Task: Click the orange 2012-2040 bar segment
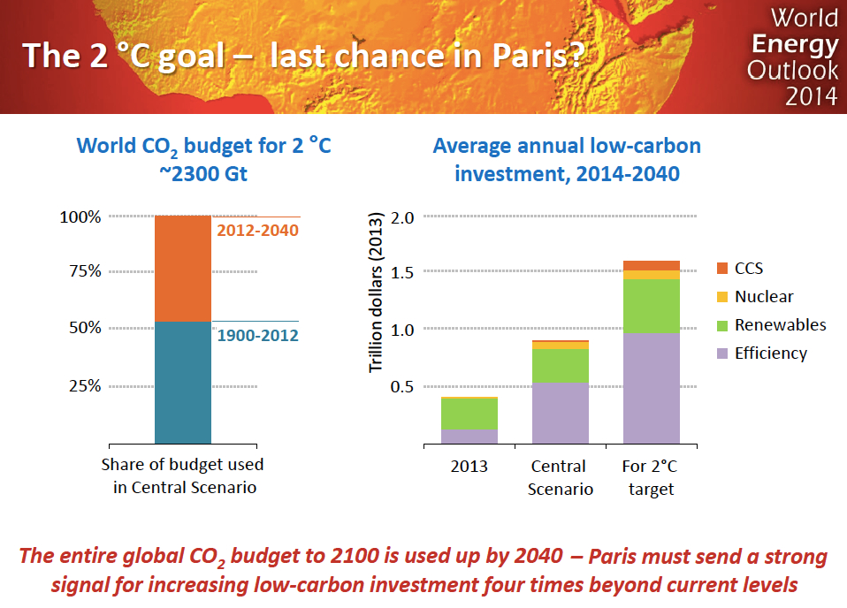(x=183, y=269)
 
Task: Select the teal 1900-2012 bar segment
(x=183, y=382)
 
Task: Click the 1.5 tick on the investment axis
(x=402, y=271)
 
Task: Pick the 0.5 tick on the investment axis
(x=402, y=386)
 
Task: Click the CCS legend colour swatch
(x=721, y=269)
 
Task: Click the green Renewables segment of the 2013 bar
(x=469, y=414)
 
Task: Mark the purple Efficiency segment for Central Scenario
(x=561, y=413)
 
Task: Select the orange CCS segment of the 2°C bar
(x=652, y=265)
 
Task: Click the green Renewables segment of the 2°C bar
(x=652, y=306)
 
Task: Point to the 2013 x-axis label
(x=469, y=466)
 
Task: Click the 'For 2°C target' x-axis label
(x=651, y=477)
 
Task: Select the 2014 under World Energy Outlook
(x=811, y=95)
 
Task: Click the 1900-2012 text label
(x=257, y=336)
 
